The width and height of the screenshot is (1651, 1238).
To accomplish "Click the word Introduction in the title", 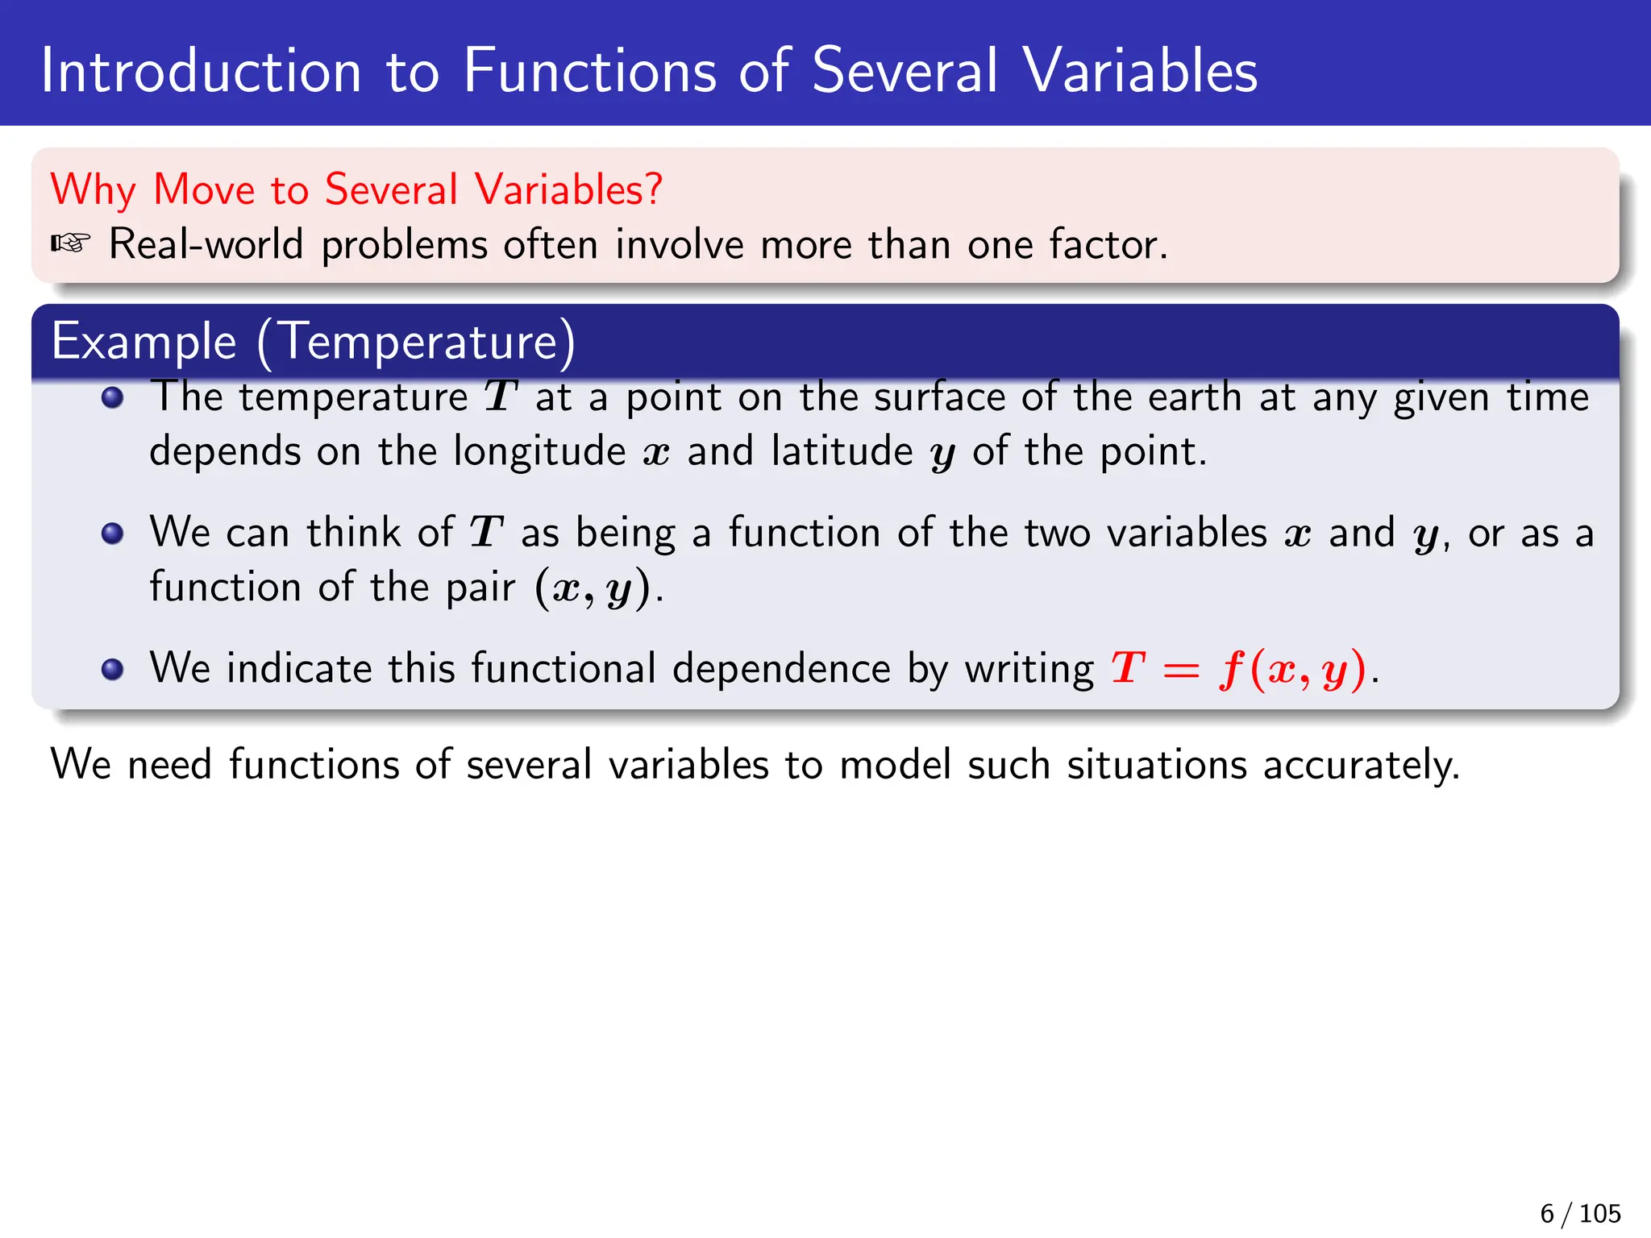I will coord(202,71).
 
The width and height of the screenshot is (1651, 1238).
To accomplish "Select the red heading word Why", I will coord(93,190).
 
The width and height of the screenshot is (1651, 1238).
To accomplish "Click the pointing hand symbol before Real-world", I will coord(70,243).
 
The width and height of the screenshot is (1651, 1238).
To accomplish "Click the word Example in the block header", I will coord(143,341).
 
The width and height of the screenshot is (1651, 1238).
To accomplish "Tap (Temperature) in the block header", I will coord(417,341).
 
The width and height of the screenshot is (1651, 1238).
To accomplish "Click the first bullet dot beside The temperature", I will coord(113,397).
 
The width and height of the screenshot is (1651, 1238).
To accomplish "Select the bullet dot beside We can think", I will coord(113,534).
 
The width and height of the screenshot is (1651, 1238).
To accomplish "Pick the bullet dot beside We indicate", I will coord(113,669).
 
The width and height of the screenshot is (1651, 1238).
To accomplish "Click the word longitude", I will coord(539,451).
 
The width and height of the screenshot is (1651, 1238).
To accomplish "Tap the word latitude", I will coord(842,451).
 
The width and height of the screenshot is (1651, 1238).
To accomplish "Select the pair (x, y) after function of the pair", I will coord(593,588).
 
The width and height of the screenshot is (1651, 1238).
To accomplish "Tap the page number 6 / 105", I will coord(1579,1213).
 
